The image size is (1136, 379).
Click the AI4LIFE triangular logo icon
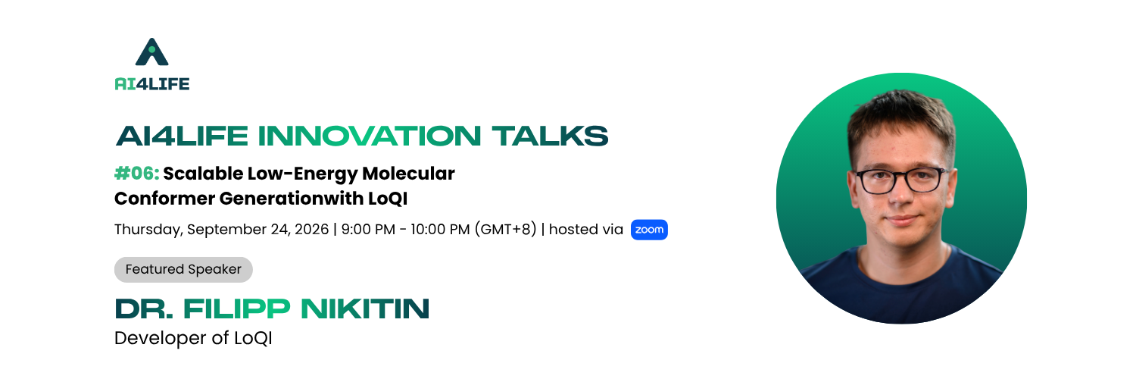pos(151,52)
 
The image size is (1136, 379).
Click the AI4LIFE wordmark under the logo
pos(152,83)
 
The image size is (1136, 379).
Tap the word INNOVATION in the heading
pos(370,136)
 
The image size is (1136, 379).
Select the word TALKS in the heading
pos(550,136)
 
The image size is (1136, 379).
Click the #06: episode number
pos(137,174)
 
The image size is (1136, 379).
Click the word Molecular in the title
pos(408,174)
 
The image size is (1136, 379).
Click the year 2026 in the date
pos(312,230)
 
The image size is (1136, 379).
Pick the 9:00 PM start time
pos(368,230)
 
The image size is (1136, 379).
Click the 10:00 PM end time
pos(440,230)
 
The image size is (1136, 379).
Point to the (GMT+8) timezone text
pos(506,230)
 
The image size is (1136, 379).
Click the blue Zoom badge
pos(649,230)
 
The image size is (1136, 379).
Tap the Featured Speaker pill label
pos(183,269)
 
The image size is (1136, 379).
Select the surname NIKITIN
pos(365,309)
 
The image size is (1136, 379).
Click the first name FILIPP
pos(237,309)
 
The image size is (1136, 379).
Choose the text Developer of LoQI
pos(193,338)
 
